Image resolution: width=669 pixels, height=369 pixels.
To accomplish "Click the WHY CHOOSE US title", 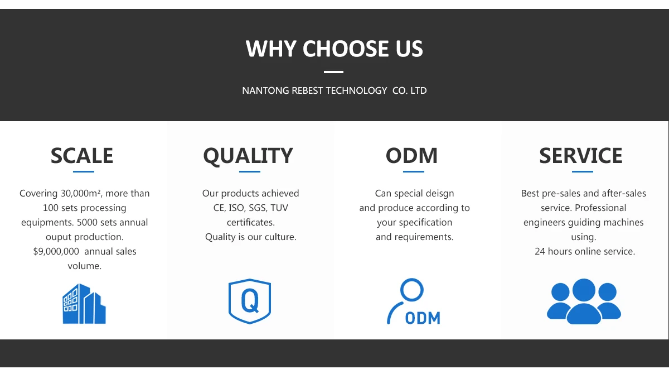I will point(334,49).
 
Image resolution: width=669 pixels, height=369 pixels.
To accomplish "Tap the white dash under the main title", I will point(334,72).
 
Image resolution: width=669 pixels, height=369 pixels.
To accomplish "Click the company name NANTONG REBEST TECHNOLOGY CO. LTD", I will point(334,90).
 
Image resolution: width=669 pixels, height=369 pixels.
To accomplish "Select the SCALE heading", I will point(82,156).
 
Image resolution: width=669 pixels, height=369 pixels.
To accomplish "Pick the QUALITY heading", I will point(248,156).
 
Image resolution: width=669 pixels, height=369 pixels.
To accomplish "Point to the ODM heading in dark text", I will point(412,156).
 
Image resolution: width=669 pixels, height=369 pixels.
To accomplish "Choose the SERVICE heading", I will point(581,156).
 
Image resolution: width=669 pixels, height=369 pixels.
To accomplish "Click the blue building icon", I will point(84,304).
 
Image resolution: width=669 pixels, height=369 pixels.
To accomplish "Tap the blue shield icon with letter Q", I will point(250,301).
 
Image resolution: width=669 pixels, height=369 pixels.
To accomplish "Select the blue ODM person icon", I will point(413,302).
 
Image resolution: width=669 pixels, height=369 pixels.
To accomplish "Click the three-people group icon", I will point(584,301).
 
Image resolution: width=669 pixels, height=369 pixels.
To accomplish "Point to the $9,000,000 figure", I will point(56,252).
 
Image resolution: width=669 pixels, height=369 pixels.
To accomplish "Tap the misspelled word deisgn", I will point(439,194).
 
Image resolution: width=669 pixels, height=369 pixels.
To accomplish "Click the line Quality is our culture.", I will point(251,237).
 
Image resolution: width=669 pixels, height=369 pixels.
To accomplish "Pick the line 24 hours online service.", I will point(585,252).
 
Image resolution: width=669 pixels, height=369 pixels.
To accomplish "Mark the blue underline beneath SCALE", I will point(84,171).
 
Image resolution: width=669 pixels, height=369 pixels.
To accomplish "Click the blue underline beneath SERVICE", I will point(583,171).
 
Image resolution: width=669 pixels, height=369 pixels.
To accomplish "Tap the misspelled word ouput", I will point(59,237).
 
